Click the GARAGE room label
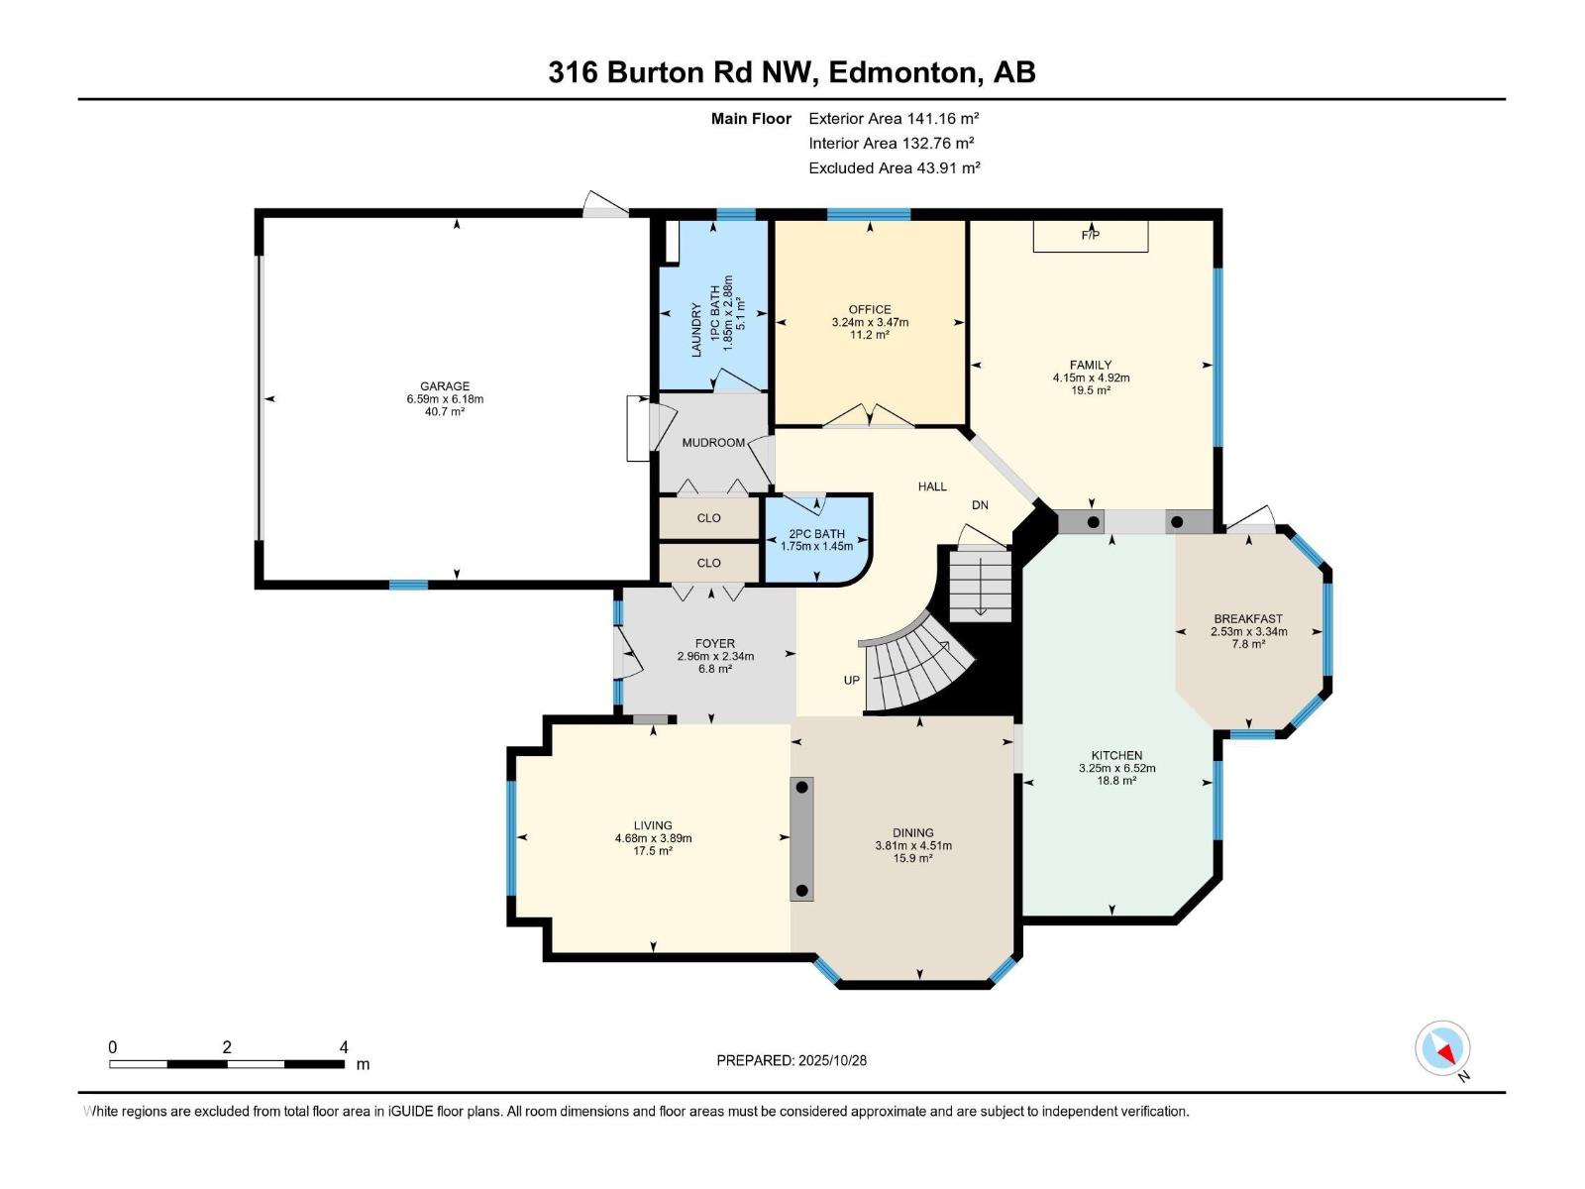(x=444, y=386)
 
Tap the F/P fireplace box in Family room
(x=1090, y=236)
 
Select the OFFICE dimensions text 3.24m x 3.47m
(x=870, y=322)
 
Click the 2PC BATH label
(x=816, y=534)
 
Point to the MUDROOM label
(x=713, y=443)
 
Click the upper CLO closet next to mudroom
(x=708, y=518)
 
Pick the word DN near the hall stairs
(x=980, y=505)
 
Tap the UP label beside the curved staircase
(x=851, y=680)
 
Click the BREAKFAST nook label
(x=1248, y=618)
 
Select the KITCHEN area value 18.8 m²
(x=1116, y=781)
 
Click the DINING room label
(x=912, y=833)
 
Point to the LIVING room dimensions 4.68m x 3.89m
(x=653, y=838)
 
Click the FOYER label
(x=714, y=644)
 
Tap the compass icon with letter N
(x=1443, y=1049)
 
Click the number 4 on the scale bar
(x=344, y=1047)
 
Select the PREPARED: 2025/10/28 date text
(x=792, y=1060)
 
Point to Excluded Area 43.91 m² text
(x=894, y=168)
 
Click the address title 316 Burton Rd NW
(x=684, y=72)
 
